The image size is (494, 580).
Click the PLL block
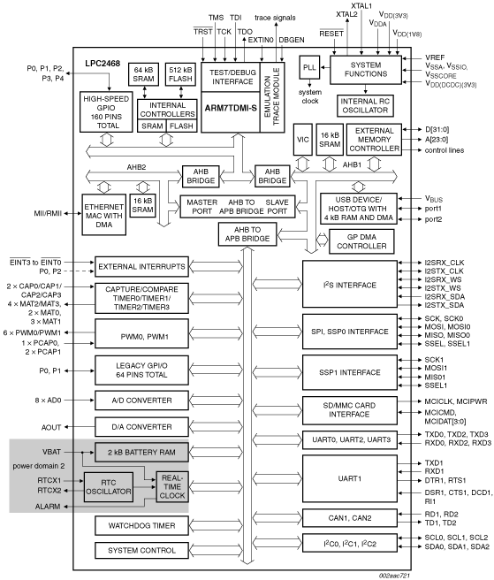309,67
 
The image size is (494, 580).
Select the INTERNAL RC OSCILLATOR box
365,106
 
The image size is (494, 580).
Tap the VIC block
302,140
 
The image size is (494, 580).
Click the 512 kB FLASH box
180,74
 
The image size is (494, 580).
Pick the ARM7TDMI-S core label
231,109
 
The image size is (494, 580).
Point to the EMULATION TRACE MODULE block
272,97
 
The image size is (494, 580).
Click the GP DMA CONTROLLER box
361,241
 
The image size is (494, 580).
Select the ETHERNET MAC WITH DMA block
104,214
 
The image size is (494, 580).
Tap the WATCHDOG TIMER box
141,525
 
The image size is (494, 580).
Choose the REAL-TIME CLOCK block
172,486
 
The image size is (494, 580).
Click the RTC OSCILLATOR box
109,487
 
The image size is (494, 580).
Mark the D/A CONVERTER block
141,427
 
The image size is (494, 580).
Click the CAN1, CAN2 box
350,518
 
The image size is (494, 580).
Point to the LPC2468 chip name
103,64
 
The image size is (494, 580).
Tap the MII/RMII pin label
48,213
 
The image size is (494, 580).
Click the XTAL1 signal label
361,6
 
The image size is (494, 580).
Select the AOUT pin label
51,427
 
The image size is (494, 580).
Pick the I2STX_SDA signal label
445,305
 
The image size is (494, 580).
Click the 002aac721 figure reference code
394,576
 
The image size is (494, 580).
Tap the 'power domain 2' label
39,466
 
